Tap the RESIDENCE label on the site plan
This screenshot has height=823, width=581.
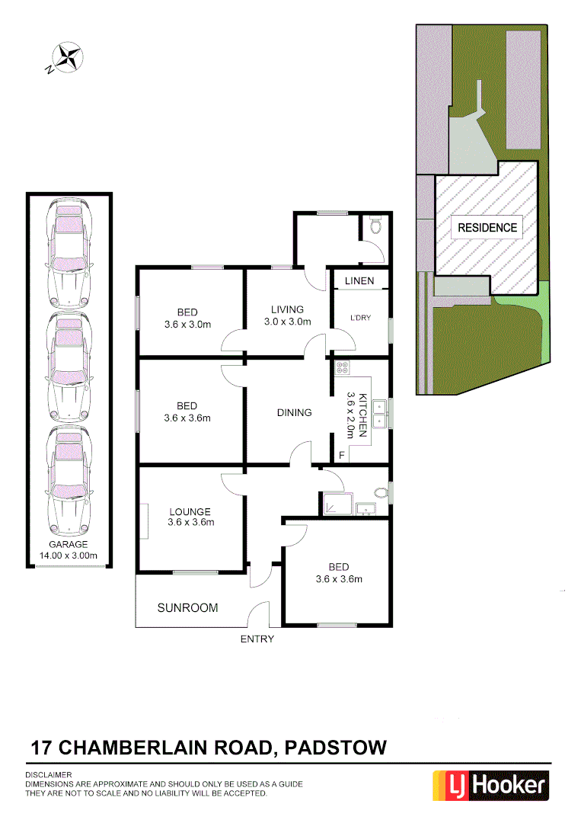click(487, 227)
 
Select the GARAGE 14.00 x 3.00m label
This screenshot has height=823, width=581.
click(69, 550)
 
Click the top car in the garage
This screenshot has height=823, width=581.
click(69, 252)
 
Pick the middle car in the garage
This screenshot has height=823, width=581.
click(69, 367)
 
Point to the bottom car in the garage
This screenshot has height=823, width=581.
click(69, 481)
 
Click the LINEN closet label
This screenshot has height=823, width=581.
click(359, 281)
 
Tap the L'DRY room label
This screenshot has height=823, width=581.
click(360, 318)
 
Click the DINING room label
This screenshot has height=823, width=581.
click(294, 413)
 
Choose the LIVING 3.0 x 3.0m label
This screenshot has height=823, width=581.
click(287, 315)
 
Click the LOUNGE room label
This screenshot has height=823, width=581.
click(190, 517)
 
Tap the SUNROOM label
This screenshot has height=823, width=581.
click(187, 608)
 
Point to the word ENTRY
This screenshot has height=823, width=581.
click(257, 639)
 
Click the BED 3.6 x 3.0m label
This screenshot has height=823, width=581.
click(187, 319)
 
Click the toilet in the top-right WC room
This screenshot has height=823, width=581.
click(374, 226)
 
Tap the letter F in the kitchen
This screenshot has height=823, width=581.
click(341, 456)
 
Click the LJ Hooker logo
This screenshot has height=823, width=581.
click(490, 785)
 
